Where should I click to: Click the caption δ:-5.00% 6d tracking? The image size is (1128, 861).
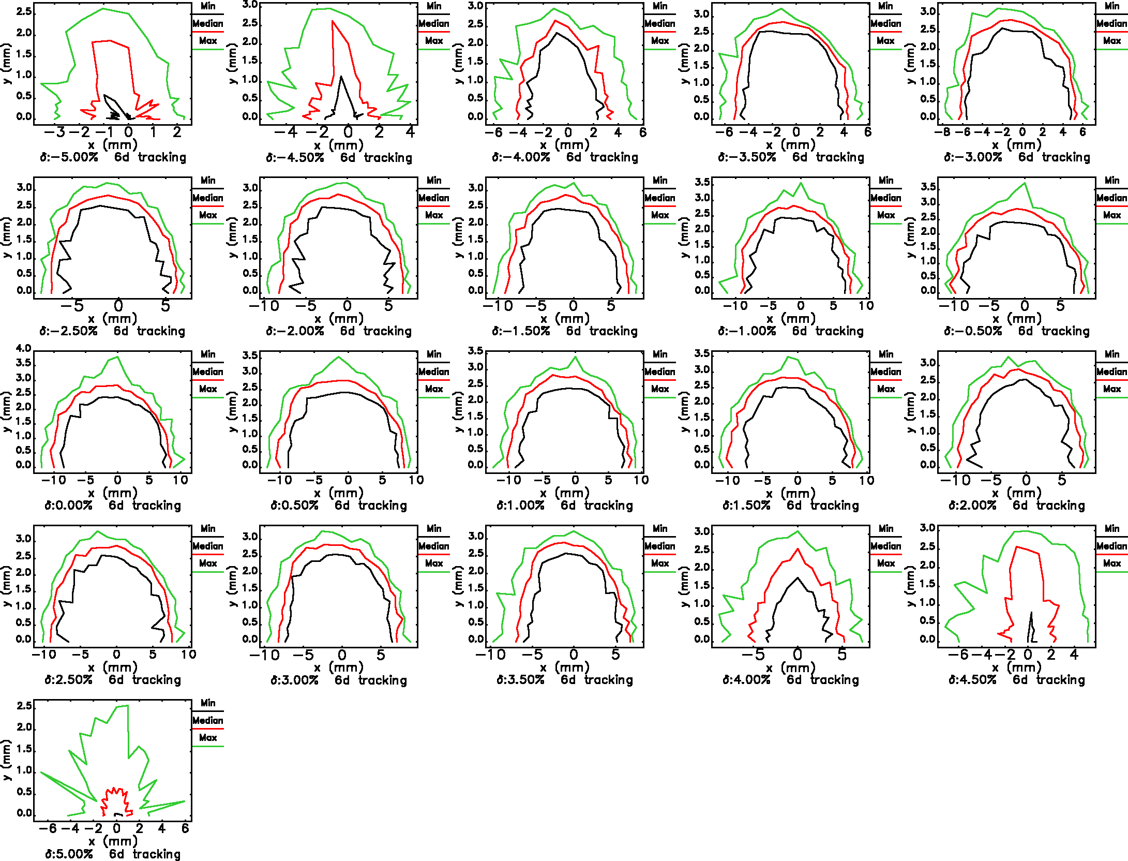(113, 157)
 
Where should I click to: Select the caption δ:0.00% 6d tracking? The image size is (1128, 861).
(113, 506)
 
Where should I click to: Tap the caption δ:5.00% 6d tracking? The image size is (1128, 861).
(113, 854)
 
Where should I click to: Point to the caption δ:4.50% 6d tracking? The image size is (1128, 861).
(1016, 680)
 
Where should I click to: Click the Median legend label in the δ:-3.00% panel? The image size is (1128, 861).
(1111, 23)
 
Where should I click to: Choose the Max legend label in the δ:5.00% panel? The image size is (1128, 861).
(208, 738)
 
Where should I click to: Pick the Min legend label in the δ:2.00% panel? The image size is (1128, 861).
(1111, 354)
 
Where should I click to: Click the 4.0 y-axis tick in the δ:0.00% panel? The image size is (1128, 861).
(24, 348)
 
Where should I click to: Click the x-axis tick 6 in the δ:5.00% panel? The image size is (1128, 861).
(185, 828)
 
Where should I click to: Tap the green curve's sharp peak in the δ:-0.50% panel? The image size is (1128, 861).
(1025, 183)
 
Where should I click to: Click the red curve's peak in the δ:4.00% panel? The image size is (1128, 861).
(798, 549)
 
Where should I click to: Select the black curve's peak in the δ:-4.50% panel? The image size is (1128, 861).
(341, 77)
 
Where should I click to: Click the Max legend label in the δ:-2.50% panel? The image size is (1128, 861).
(208, 215)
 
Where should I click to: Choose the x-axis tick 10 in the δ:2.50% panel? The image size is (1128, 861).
(189, 654)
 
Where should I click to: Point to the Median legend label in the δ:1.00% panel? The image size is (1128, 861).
(659, 372)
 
